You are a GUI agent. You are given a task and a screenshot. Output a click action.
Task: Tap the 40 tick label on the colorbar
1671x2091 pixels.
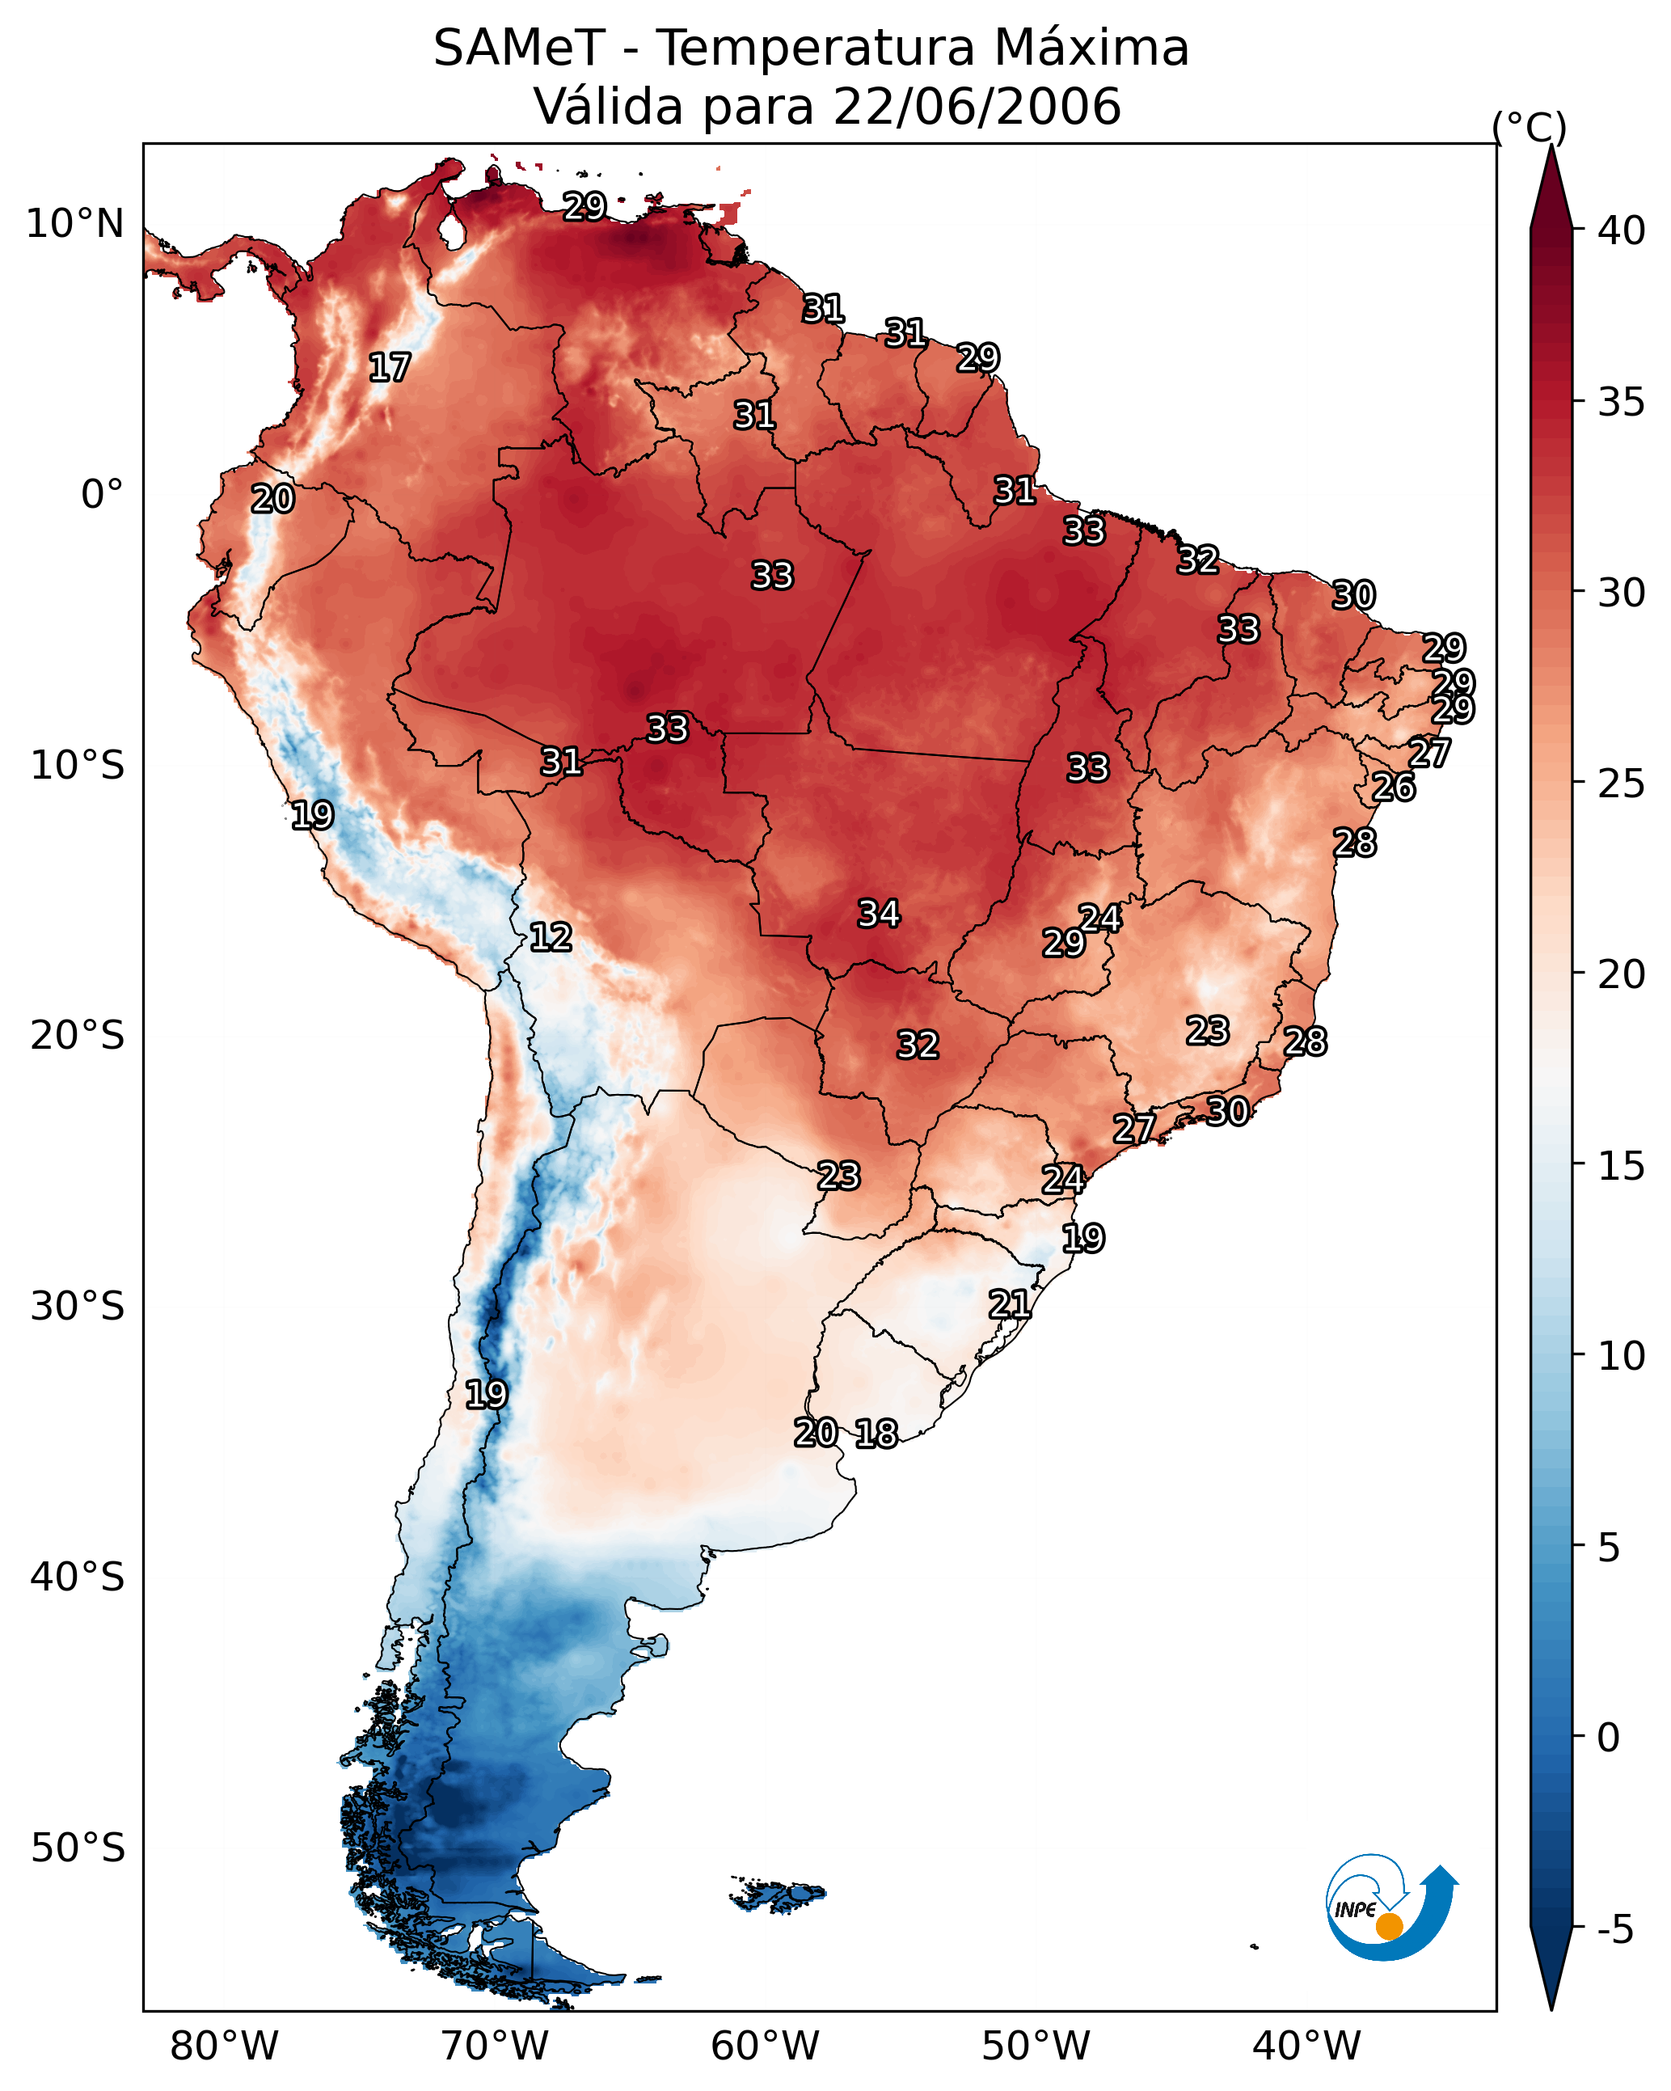(x=1621, y=230)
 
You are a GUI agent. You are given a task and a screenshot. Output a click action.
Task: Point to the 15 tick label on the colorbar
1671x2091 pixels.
(x=1621, y=1166)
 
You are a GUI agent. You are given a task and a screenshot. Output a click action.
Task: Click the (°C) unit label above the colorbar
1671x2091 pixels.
(x=1530, y=127)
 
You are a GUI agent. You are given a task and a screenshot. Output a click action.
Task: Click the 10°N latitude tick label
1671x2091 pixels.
(x=74, y=224)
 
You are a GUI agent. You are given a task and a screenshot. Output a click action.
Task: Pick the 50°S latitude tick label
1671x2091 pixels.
(x=78, y=1848)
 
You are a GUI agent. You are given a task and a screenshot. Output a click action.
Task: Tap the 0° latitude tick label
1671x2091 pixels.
(x=102, y=495)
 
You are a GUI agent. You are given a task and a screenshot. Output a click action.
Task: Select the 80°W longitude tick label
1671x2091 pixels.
(x=224, y=2046)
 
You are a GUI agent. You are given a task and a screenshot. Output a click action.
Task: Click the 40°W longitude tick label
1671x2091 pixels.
(x=1306, y=2046)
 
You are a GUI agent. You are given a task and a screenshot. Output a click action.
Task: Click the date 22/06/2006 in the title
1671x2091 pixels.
(x=976, y=107)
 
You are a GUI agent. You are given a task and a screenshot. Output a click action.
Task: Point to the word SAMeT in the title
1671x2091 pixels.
(x=519, y=49)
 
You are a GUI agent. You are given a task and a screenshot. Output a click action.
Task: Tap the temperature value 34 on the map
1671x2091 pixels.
(x=879, y=914)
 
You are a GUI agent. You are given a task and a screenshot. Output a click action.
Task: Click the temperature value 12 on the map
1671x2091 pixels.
(x=551, y=937)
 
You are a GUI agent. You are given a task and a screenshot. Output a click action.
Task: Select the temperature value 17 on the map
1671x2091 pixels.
(x=390, y=368)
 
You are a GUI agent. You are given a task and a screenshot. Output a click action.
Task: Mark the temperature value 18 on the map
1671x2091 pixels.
(x=876, y=1434)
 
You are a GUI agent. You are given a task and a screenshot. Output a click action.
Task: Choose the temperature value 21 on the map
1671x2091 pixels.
(x=1010, y=1304)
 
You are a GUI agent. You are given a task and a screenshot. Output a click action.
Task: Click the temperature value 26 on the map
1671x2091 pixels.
(x=1394, y=787)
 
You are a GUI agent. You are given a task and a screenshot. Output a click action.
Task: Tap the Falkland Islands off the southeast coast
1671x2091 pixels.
(x=779, y=1895)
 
